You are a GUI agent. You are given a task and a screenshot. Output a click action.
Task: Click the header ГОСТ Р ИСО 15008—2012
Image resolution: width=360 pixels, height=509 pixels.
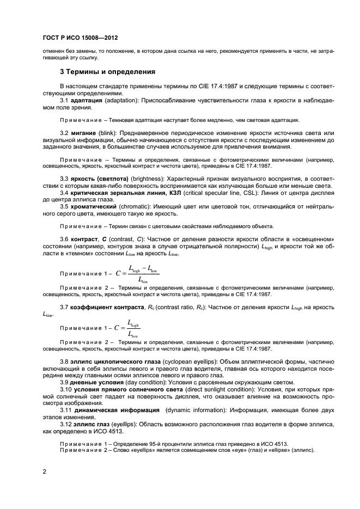(80, 38)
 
